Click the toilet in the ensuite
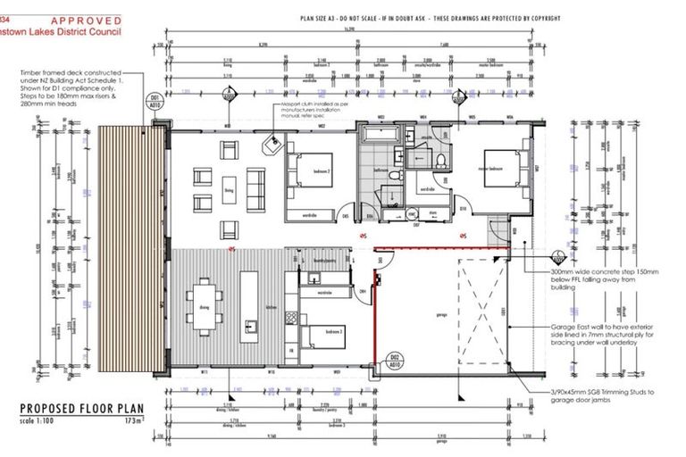(x=441, y=158)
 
